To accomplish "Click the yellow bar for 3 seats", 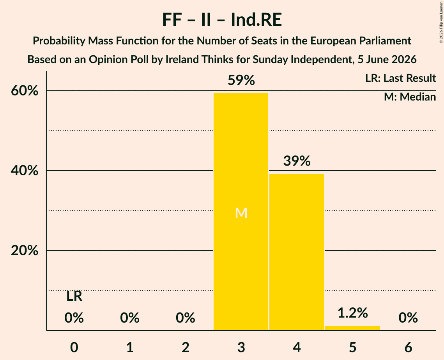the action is pos(241,212).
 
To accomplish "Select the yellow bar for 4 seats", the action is pos(297,252).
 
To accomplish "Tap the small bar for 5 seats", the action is pos(352,328).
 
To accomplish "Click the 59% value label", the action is pos(241,80).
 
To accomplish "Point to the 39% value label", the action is pos(297,161).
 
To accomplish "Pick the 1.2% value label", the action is pos(352,313).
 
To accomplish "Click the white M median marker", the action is pos(241,213).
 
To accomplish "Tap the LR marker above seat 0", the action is pos(74,296).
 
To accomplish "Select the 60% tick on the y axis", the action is pos(25,91).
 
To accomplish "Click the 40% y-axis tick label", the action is pos(25,171).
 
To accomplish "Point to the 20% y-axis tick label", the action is pos(25,251).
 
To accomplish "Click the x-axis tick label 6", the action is pos(408,347).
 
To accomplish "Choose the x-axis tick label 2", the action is pos(186,347).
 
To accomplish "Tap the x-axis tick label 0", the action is pos(74,347).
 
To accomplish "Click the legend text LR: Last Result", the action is pos(400,78).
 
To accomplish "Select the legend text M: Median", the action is pos(410,97).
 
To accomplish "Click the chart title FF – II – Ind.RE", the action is pos(222,20).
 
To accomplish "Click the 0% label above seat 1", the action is pos(130,318).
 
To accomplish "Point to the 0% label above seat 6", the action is pos(408,318).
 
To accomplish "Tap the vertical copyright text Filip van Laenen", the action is pos(441,22).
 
